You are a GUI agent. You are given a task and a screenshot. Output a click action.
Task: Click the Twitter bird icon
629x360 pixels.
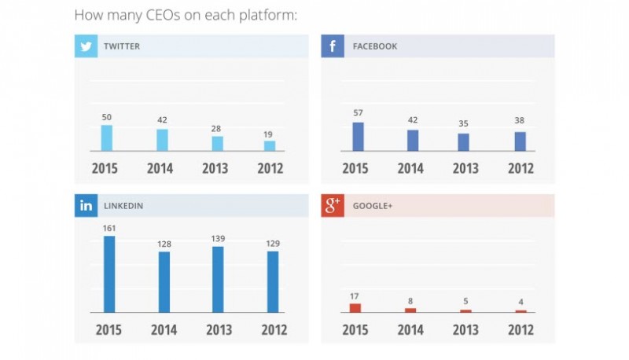(x=86, y=46)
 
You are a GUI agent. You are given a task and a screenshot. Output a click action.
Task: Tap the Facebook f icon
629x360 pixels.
(x=332, y=46)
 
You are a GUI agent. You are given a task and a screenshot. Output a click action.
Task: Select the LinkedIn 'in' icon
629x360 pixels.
(x=86, y=206)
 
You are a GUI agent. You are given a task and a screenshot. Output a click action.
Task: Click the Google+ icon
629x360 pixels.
(x=332, y=206)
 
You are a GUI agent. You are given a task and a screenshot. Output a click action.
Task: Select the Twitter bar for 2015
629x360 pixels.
(x=107, y=138)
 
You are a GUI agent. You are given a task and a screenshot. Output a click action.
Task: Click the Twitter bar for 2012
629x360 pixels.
(x=270, y=146)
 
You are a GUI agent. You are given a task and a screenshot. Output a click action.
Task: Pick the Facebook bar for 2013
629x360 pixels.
(x=463, y=142)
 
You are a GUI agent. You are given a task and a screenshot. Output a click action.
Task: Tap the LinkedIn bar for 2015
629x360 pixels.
(x=109, y=274)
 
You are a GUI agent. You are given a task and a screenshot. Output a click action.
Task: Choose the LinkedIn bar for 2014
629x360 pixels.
(x=164, y=282)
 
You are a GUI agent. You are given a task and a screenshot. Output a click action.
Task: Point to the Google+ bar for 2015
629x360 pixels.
(x=355, y=308)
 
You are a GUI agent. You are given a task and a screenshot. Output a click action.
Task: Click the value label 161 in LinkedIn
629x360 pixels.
(x=109, y=228)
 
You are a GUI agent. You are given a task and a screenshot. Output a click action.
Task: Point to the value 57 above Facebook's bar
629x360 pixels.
(x=358, y=112)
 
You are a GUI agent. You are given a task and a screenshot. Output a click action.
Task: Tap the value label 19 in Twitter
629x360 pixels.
(x=268, y=134)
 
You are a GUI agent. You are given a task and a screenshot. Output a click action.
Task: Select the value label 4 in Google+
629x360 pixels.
(x=520, y=302)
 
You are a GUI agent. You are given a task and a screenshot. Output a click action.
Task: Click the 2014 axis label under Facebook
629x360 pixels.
(x=410, y=168)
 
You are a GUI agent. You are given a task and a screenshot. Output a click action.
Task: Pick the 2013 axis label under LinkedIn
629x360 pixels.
(x=219, y=329)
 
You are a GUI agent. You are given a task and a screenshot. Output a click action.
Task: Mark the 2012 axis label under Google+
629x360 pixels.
(x=520, y=329)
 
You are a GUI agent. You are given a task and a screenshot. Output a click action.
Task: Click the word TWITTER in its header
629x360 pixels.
(x=122, y=46)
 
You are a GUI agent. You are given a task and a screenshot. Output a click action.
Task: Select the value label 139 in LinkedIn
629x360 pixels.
(x=218, y=238)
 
